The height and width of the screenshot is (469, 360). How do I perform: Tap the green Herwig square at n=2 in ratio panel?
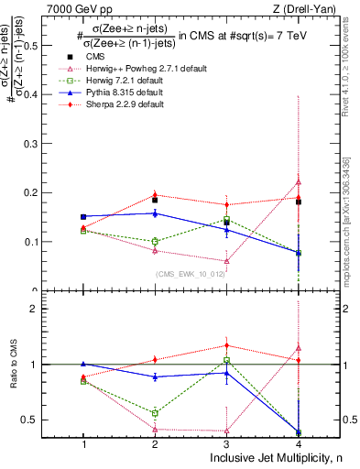[155, 413]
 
